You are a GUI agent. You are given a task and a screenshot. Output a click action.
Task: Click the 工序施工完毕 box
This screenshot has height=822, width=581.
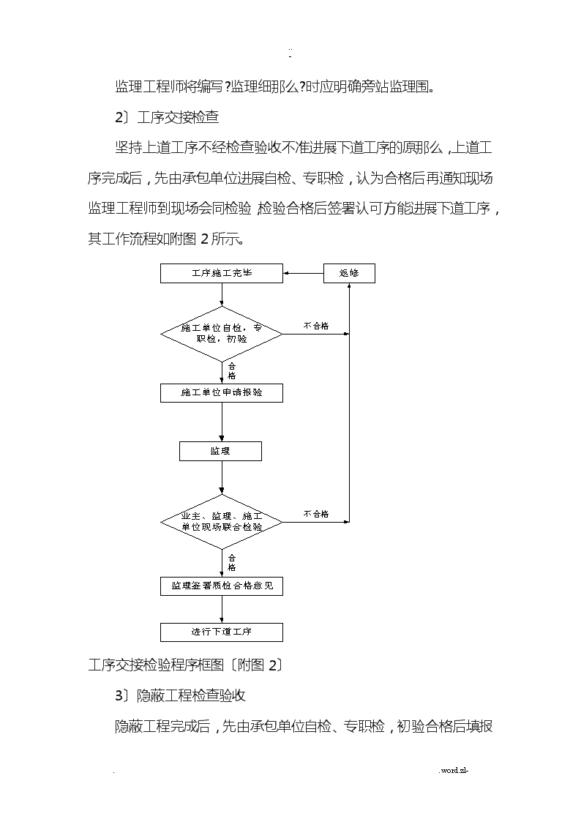[x=222, y=273]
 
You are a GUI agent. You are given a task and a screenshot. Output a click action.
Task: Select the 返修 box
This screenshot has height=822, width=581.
[x=349, y=273]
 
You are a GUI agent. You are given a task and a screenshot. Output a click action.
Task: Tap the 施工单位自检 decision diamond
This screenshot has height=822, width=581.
[x=222, y=334]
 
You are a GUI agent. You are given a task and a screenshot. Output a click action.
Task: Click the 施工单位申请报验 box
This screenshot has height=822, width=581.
[x=222, y=392]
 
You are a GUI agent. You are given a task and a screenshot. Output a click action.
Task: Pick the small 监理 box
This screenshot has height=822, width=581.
[x=220, y=452]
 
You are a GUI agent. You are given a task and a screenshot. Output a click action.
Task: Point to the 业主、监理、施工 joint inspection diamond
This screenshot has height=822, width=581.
[x=222, y=522]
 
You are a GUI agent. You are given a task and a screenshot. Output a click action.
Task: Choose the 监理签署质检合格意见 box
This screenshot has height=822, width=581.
[x=222, y=586]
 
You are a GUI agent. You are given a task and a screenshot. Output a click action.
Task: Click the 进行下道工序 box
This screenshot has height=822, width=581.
[x=222, y=632]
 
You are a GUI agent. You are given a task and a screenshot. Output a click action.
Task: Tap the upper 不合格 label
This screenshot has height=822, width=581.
[x=316, y=326]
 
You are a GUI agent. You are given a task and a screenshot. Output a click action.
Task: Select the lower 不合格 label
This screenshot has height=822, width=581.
[x=316, y=515]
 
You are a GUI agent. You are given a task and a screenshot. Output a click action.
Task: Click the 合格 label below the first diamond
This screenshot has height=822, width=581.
[x=231, y=371]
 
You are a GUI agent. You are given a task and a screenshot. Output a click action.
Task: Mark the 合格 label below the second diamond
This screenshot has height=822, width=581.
[x=231, y=563]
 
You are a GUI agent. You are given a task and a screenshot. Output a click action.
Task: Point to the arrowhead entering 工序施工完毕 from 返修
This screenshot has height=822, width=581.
[x=286, y=273]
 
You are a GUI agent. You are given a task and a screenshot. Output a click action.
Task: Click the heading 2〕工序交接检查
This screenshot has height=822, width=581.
[x=167, y=117]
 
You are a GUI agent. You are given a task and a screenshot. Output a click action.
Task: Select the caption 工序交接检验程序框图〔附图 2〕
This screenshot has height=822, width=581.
[x=186, y=665]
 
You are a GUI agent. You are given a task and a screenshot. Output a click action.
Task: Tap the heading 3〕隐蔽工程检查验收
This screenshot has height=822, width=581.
[x=181, y=695]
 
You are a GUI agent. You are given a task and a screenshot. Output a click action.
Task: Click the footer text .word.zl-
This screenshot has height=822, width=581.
[x=454, y=770]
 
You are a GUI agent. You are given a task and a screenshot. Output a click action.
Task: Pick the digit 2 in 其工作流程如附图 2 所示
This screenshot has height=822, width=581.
[x=204, y=239]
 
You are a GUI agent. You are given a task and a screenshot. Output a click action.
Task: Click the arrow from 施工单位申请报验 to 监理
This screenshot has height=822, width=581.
[x=222, y=422]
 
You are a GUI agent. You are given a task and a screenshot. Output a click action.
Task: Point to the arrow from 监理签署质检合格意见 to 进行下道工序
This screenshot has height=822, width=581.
[x=222, y=609]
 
